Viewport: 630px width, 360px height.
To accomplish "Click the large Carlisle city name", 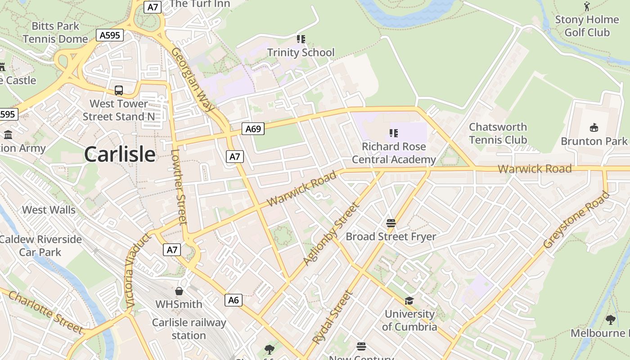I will pyautogui.click(x=120, y=154).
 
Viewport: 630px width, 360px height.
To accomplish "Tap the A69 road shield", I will pyautogui.click(x=253, y=129).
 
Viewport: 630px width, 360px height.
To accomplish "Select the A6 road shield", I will pyautogui.click(x=234, y=300).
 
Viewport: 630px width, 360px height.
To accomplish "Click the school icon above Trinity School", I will pyautogui.click(x=301, y=39).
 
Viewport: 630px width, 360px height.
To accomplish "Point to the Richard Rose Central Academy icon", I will pyautogui.click(x=394, y=133).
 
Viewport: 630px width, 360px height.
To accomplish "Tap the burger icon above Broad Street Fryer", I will pyautogui.click(x=391, y=223).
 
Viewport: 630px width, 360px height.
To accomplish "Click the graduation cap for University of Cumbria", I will pyautogui.click(x=409, y=301).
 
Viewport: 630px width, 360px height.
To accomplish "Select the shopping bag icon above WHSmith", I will pyautogui.click(x=179, y=291).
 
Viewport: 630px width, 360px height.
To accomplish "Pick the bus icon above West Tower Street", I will pyautogui.click(x=119, y=90).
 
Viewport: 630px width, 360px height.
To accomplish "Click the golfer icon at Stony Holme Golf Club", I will pyautogui.click(x=587, y=6).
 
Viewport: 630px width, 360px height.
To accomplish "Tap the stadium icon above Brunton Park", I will pyautogui.click(x=594, y=128).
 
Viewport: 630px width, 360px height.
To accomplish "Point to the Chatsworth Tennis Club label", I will pyautogui.click(x=498, y=133).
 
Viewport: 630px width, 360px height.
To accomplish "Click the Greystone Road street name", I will pyautogui.click(x=576, y=220).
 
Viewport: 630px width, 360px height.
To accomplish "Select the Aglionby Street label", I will pyautogui.click(x=331, y=234).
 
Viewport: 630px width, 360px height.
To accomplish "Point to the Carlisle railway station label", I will pyautogui.click(x=189, y=329).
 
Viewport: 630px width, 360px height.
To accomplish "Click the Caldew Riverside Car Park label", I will pyautogui.click(x=40, y=245).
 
